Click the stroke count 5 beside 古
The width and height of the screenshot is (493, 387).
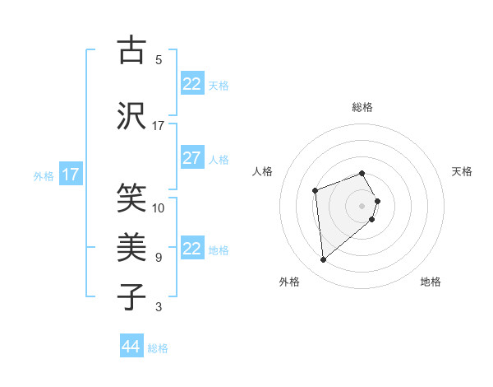(x=159, y=60)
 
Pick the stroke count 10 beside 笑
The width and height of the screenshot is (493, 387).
(x=159, y=207)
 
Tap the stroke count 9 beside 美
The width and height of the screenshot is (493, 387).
(x=159, y=257)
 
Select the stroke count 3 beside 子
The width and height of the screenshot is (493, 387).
(x=159, y=307)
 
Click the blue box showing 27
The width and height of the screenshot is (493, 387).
(x=191, y=159)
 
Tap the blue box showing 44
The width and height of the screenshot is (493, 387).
(x=131, y=347)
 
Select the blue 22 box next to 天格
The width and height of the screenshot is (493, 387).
(x=191, y=84)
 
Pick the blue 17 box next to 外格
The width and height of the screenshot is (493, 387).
(x=70, y=175)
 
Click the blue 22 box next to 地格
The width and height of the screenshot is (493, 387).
(x=191, y=249)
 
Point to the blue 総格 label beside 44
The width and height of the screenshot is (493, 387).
(x=158, y=348)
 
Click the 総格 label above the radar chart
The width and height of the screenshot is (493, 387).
(x=362, y=107)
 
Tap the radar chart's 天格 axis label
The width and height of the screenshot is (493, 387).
(x=463, y=171)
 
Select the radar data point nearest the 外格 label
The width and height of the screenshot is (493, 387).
(x=324, y=260)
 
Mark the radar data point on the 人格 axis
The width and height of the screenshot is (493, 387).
(x=315, y=191)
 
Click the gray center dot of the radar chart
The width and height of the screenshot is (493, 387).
(x=362, y=205)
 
